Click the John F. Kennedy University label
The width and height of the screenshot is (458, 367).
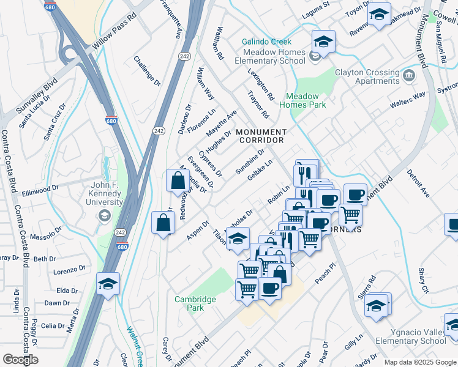[98, 196]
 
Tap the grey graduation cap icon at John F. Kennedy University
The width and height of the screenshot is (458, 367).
[105, 215]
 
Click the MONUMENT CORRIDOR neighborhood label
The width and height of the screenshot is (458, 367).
[261, 136]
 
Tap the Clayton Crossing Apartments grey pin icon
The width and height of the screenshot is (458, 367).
[408, 76]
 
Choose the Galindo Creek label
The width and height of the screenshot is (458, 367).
[266, 42]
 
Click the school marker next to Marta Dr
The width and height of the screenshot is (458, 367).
[108, 284]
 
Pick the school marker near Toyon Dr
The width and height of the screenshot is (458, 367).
[379, 15]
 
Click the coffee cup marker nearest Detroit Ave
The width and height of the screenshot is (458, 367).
[355, 195]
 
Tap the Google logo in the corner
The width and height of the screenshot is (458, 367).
[20, 360]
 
